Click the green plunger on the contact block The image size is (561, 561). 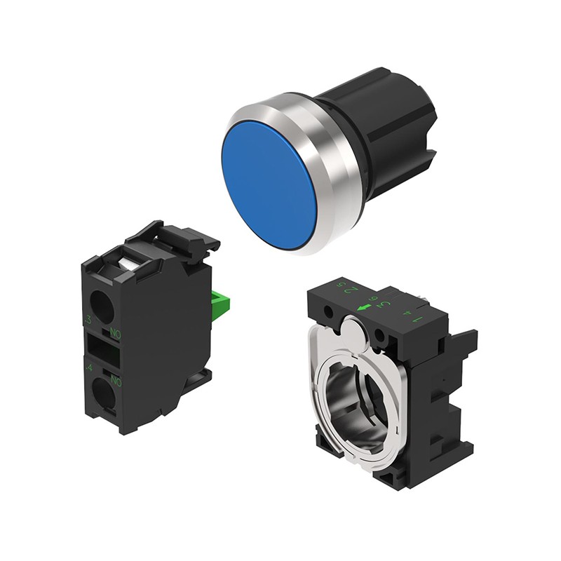(219, 302)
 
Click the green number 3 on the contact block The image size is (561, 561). (88, 321)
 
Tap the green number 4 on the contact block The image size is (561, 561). (88, 367)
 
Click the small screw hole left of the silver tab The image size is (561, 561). (327, 311)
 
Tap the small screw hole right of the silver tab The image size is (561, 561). (379, 334)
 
